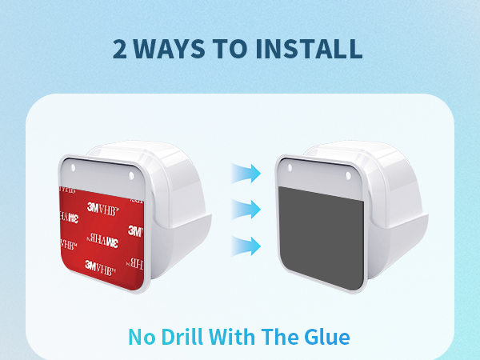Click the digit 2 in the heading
point(119,49)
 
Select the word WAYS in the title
point(169,49)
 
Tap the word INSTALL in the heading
point(309,49)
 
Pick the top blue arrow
point(246,174)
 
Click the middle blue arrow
point(246,210)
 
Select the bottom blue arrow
point(246,246)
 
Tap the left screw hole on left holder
point(73,168)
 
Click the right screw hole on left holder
point(131,176)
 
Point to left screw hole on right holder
point(290,168)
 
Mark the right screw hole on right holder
point(348,176)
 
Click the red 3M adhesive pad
point(102,238)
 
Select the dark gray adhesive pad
point(322,238)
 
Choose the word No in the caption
point(142,337)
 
